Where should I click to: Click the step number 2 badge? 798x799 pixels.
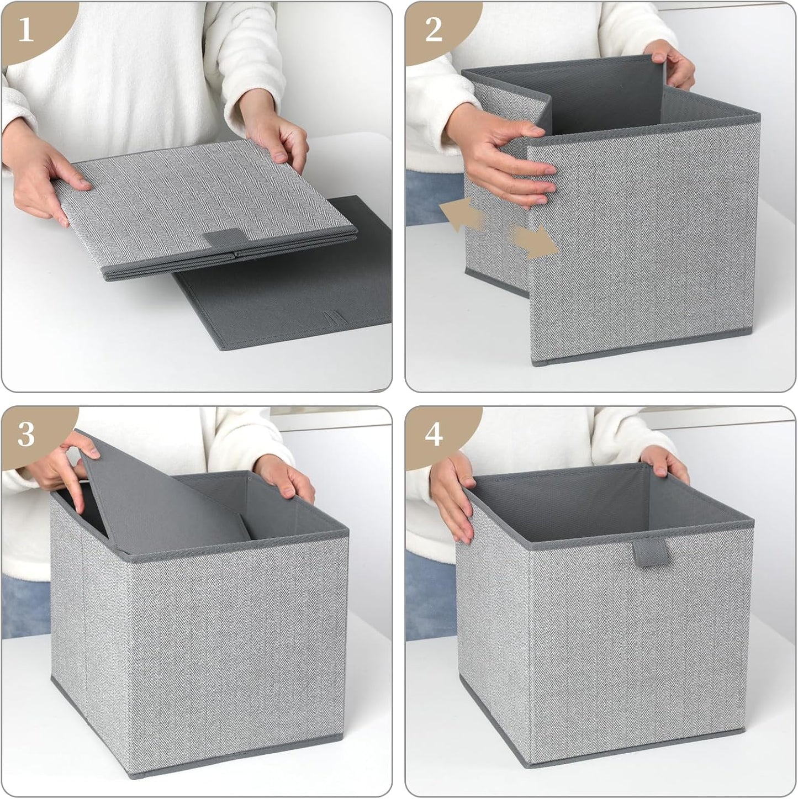tap(434, 29)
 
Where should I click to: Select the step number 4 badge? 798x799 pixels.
tap(434, 434)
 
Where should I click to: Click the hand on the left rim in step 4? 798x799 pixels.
tap(453, 494)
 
